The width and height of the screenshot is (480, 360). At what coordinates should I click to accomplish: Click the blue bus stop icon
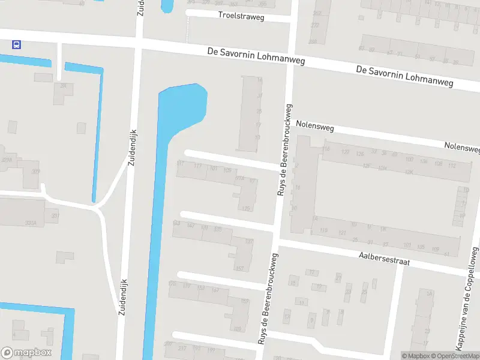tap(16, 44)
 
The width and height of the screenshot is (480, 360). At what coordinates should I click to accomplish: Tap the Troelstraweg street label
tap(241, 16)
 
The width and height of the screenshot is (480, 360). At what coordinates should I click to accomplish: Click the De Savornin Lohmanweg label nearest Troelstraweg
tap(256, 55)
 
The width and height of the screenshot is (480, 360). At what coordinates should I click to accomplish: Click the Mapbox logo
tap(26, 353)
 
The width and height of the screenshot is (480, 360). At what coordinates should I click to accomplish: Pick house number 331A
tap(31, 223)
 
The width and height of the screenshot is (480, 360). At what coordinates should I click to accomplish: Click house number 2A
tap(63, 86)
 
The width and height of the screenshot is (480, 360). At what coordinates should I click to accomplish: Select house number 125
tap(245, 208)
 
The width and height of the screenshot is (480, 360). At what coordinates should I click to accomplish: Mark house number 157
tap(240, 268)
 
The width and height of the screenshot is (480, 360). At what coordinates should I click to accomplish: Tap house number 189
tap(238, 328)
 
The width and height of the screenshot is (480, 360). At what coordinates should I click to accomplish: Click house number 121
tap(343, 232)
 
